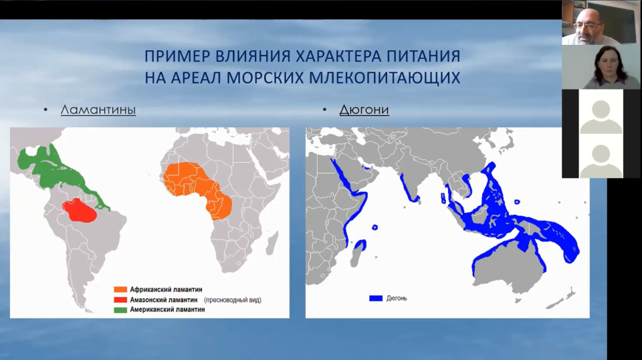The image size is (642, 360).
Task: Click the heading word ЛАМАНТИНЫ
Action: point(98,110)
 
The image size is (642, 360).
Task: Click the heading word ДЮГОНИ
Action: point(364,110)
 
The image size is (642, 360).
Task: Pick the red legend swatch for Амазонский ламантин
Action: point(120,300)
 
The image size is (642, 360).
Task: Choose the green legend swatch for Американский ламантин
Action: point(120,310)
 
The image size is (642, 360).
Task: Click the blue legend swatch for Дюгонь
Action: point(376,298)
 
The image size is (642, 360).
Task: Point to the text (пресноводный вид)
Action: point(233,300)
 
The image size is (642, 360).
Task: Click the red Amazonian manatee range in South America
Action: point(80,211)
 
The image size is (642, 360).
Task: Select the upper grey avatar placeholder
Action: point(601,112)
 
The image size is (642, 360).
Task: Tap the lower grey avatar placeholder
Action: point(601,157)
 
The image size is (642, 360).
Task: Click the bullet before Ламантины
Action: point(45,110)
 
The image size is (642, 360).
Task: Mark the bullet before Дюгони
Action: point(324,110)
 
